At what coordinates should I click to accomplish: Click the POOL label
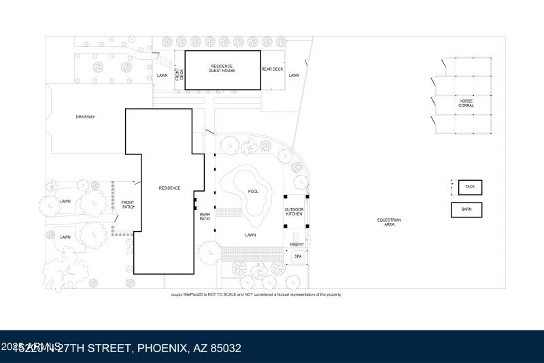coord(253,192)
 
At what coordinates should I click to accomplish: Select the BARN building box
coord(466,209)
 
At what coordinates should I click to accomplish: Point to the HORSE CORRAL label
coord(466,103)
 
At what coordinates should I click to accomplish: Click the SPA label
coord(298,256)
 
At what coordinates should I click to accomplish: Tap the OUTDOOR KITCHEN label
coord(294,211)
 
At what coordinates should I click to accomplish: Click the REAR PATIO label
coord(205,217)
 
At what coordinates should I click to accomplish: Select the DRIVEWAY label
coord(85,117)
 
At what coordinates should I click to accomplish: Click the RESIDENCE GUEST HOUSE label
coord(222,69)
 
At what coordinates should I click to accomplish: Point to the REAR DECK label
coord(272,69)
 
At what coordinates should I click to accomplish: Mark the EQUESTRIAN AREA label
coord(389,222)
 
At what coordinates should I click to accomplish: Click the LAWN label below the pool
coord(250,235)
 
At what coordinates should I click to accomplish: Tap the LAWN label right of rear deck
coord(294,75)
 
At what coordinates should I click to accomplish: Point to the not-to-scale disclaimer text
coord(256,294)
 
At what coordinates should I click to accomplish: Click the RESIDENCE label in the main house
coord(169,188)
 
